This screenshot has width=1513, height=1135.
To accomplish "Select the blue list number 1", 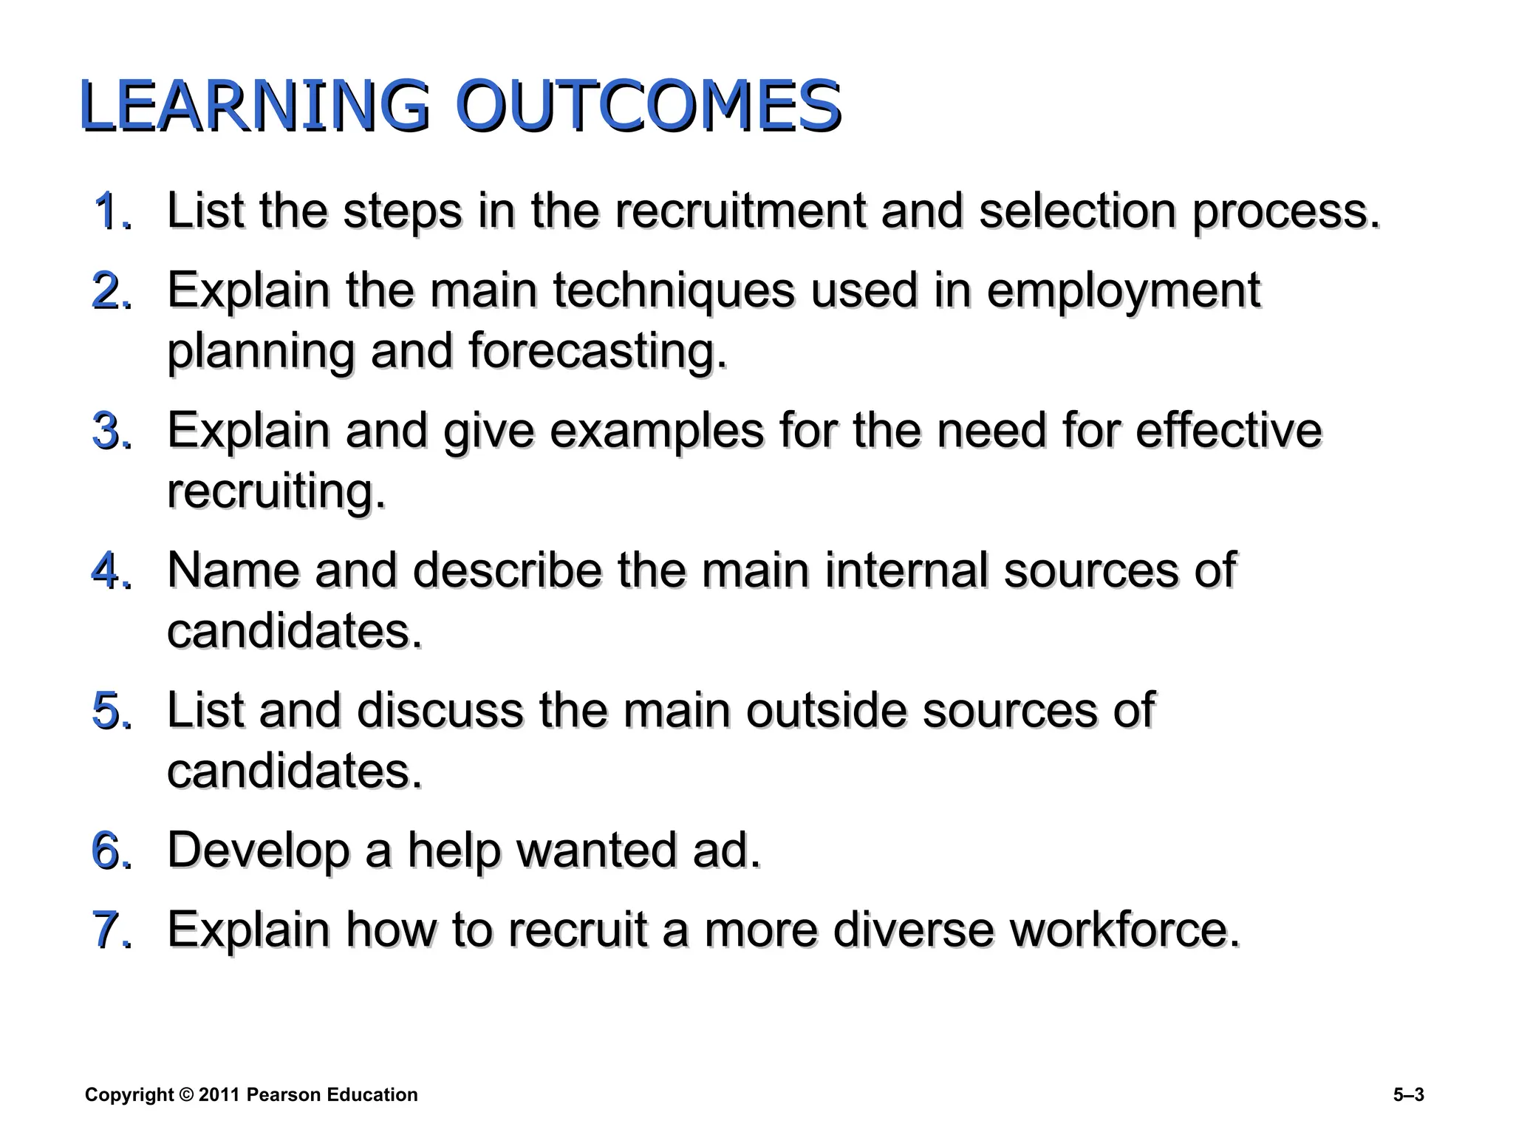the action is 111,211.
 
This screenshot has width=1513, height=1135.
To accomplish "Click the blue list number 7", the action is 111,930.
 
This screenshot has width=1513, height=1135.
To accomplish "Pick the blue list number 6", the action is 111,851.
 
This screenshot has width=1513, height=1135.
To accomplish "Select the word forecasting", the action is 597,352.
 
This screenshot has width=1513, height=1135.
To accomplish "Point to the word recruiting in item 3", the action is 276,492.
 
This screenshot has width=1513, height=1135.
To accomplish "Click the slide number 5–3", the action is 1408,1095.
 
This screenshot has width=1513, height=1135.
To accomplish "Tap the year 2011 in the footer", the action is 219,1095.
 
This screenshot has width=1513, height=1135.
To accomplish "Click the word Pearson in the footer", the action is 284,1095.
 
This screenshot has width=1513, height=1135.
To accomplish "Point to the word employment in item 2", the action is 1123,291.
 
